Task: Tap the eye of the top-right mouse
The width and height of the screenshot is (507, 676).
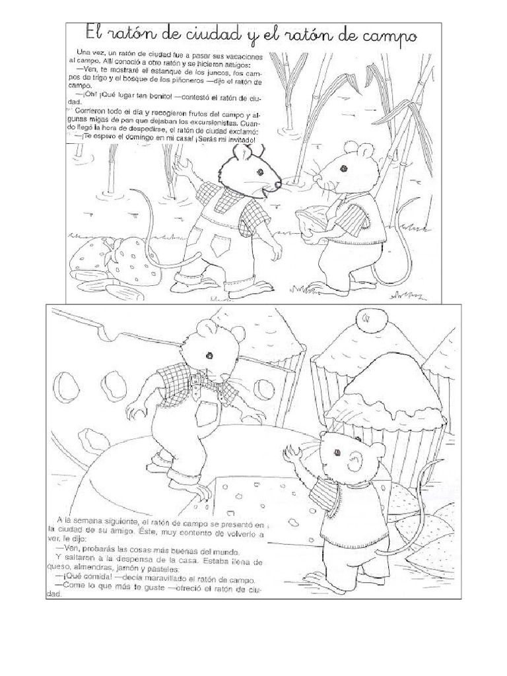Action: [343, 168]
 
